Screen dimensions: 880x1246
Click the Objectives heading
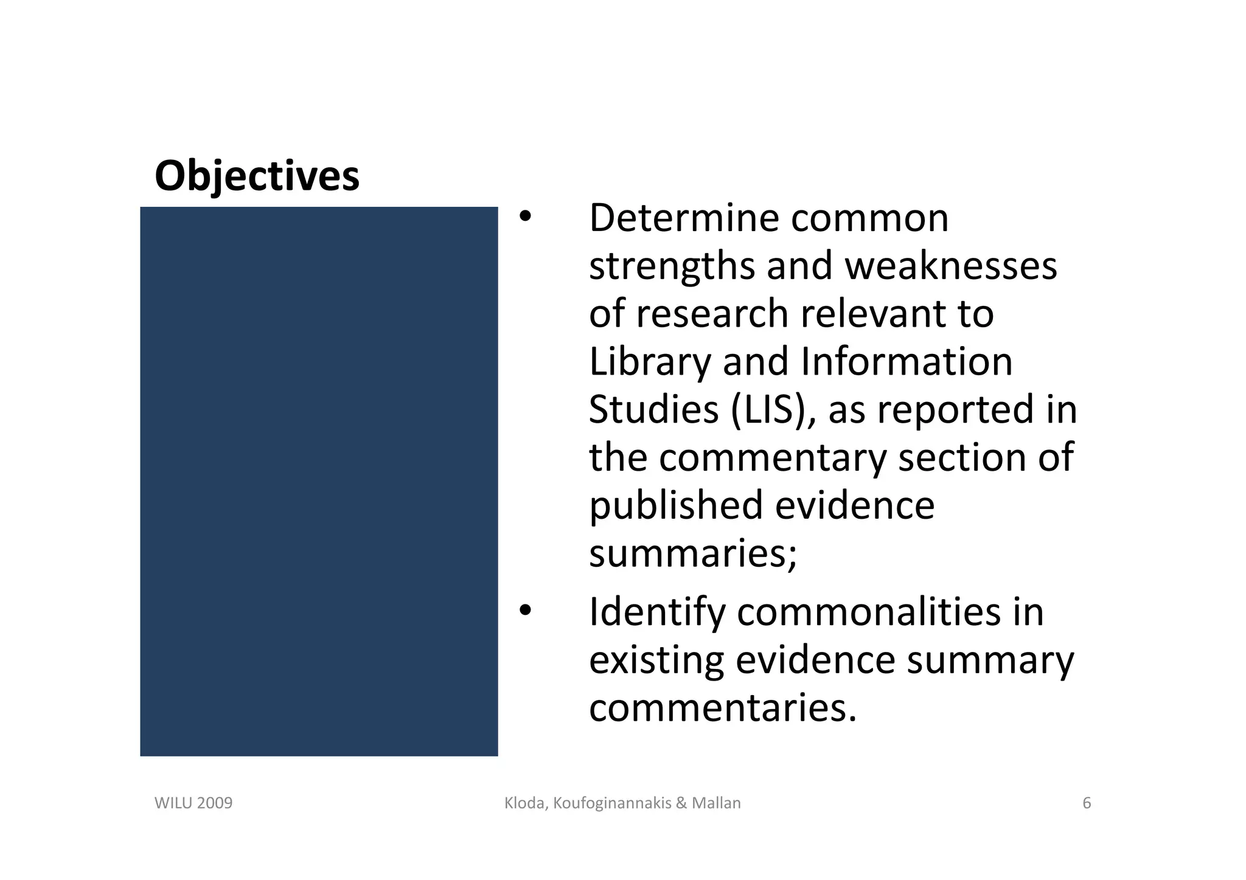[x=257, y=176]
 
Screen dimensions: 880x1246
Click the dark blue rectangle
[x=319, y=481]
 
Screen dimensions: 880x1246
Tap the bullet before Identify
[x=525, y=610]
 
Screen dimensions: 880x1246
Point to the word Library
[x=649, y=362]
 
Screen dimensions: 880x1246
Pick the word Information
[x=907, y=362]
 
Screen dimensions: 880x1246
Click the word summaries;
[x=693, y=553]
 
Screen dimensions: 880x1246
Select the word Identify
[x=656, y=612]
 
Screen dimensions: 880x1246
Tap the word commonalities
[x=868, y=612]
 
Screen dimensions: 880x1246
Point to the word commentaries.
[x=723, y=707]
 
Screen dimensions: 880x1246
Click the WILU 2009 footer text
[x=193, y=803]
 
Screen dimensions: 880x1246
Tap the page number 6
[x=1087, y=803]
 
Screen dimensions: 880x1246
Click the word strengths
[x=672, y=266]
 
